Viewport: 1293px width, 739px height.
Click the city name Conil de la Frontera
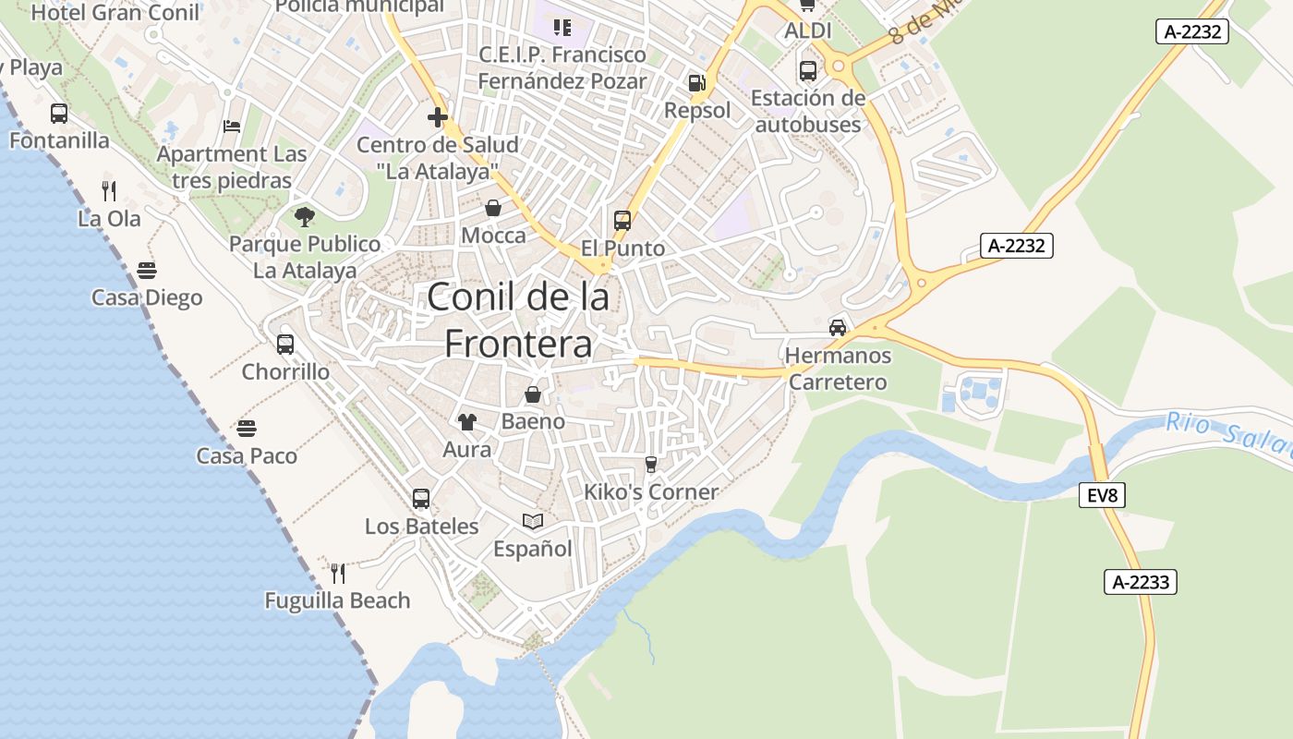(x=518, y=320)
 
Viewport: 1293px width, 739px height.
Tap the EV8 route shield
(x=1102, y=496)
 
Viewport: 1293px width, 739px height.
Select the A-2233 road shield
(x=1141, y=582)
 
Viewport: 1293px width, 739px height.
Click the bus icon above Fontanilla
(x=59, y=114)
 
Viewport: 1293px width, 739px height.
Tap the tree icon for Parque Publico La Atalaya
(x=304, y=217)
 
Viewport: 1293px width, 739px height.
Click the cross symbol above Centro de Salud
(x=438, y=117)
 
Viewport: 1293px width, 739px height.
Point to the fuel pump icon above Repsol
(x=696, y=83)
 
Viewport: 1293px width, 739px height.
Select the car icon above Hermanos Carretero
(x=838, y=327)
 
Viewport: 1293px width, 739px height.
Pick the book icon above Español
(x=533, y=522)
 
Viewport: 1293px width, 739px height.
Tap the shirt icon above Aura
(x=467, y=422)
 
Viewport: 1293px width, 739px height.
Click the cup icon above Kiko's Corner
(x=650, y=464)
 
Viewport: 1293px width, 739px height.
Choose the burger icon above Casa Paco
(x=246, y=429)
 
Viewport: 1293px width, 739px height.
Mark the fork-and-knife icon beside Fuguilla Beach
(x=338, y=574)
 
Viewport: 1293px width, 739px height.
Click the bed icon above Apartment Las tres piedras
(x=232, y=126)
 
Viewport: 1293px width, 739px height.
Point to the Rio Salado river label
(x=1228, y=434)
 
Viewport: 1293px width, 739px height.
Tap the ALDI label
(x=807, y=30)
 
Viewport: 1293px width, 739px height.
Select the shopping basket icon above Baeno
(x=533, y=395)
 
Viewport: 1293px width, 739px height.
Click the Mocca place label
(x=493, y=236)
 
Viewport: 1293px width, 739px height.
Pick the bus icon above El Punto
(x=622, y=221)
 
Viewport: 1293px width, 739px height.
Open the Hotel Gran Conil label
(x=115, y=12)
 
